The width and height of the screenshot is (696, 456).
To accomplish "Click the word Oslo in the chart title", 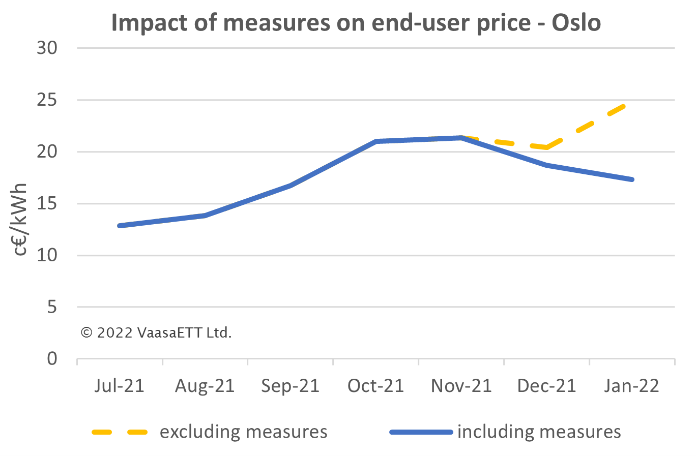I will (576, 23).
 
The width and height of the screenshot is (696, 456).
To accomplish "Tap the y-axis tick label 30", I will (47, 48).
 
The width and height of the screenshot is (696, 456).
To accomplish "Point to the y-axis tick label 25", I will (47, 100).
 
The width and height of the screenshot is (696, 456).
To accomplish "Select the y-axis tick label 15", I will (47, 204).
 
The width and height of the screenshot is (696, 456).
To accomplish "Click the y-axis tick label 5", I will (52, 307).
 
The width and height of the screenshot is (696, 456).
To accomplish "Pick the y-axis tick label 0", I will (52, 359).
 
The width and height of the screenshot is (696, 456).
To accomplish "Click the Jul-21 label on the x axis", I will (120, 386).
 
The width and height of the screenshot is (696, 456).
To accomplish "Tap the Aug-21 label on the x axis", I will (205, 386).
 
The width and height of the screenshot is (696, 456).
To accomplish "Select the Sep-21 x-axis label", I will (290, 386).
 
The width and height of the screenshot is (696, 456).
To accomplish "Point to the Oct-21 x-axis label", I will (375, 386).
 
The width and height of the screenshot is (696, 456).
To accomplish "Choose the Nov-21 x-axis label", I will (461, 386).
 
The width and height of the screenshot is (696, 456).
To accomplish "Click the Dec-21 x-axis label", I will (546, 386).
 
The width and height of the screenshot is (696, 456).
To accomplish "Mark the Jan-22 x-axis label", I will (631, 386).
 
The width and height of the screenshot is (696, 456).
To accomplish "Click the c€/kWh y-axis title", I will (20, 219).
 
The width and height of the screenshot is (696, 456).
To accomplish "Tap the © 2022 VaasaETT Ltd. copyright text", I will (156, 333).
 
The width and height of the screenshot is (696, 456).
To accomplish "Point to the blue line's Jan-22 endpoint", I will (631, 179).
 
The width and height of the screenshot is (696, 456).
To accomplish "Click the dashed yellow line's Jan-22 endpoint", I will (624, 105).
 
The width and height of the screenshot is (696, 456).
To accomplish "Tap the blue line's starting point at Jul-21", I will (120, 226).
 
